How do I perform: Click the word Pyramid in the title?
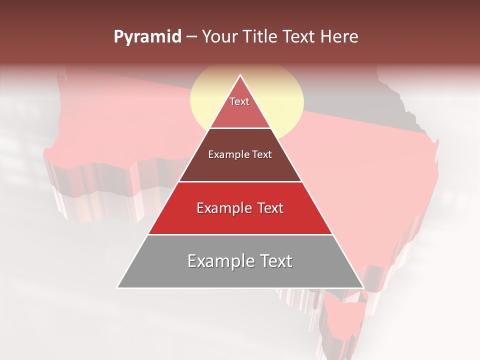(147, 37)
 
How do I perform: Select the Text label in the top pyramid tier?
(239, 101)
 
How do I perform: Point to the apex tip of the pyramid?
(240, 75)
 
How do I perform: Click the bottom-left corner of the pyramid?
(117, 287)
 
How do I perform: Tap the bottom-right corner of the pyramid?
(363, 287)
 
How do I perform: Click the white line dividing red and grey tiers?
(240, 234)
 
